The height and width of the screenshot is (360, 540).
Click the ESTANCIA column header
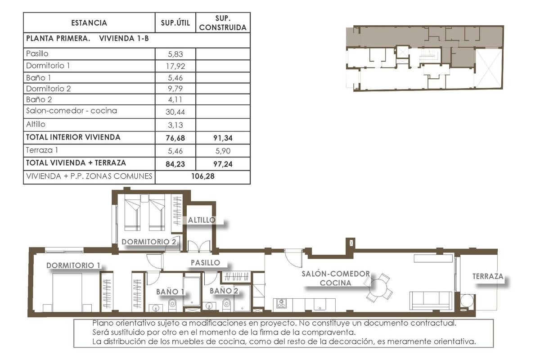tap(89, 23)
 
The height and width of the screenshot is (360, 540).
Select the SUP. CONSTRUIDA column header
tap(223, 23)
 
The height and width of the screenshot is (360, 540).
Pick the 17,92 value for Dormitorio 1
tap(175, 66)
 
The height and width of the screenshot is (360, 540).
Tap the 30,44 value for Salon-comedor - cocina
tap(175, 111)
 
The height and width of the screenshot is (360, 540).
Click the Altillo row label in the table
tap(36, 124)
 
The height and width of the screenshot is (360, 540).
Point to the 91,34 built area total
tap(223, 138)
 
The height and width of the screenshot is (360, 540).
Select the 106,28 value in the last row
tap(202, 176)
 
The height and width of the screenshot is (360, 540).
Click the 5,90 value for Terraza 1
tap(223, 151)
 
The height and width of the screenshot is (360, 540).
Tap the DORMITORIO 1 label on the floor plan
tap(73, 265)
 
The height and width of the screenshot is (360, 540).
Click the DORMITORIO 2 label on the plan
tap(148, 242)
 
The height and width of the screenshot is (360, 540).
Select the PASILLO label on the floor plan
tap(205, 262)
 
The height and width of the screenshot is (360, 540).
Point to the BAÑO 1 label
tap(170, 292)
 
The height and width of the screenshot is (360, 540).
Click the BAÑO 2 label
tap(224, 291)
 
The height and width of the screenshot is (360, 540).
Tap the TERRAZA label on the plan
tap(488, 276)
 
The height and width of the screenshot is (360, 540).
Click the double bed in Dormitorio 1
tap(67, 292)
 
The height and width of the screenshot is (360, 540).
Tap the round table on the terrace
tap(467, 301)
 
